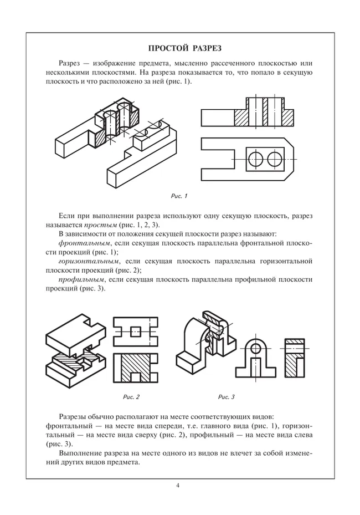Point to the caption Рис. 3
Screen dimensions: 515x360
point(227,397)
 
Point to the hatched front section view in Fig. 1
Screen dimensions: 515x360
point(248,114)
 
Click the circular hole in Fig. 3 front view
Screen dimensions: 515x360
point(256,348)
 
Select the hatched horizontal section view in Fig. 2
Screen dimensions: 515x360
point(133,369)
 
